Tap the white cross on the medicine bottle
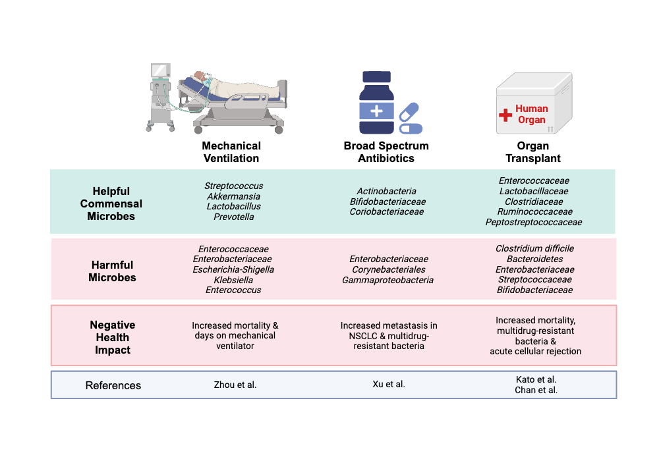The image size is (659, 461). point(376,111)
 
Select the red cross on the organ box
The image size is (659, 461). point(505,115)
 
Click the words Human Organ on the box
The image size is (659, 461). point(531,114)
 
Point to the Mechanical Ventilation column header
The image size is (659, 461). point(231,152)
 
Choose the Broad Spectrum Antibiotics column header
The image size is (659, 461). point(386,152)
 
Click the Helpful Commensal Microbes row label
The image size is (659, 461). point(111,203)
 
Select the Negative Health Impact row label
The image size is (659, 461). point(113,337)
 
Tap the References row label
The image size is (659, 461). point(113,385)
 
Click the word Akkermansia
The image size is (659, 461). point(233,196)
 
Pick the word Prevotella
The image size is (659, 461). point(233,217)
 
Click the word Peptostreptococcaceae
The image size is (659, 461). point(534,222)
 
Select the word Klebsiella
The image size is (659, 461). point(233,279)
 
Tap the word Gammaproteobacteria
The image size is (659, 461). point(387,280)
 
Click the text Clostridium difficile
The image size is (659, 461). point(534,248)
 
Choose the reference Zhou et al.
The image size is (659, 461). point(235,385)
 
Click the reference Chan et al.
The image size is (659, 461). point(536,390)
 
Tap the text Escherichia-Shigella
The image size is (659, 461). point(233,269)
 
